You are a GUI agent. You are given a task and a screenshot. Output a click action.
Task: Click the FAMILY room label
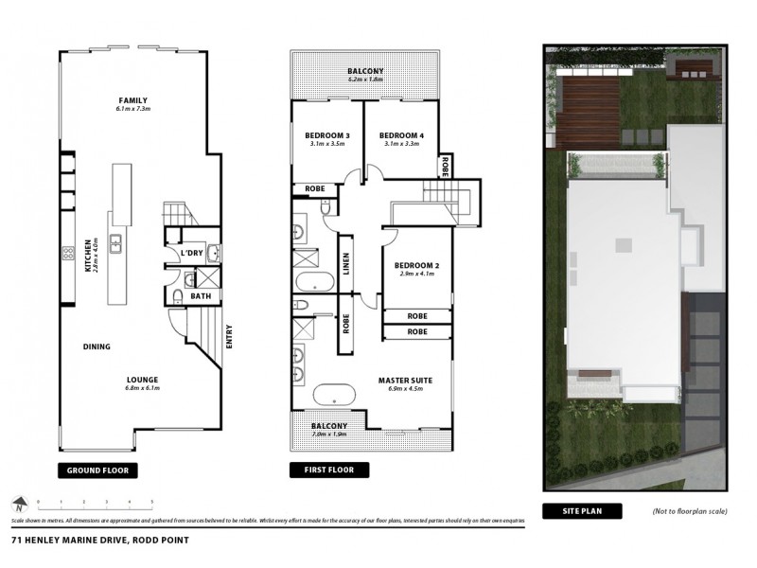click(133, 100)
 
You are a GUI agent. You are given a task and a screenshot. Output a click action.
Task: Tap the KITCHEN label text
click(87, 256)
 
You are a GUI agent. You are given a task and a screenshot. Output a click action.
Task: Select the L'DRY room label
click(192, 253)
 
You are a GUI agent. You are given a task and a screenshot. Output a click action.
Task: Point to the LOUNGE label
click(142, 379)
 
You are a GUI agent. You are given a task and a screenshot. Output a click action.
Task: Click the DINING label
click(97, 346)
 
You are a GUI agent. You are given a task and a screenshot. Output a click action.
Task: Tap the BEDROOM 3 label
click(327, 136)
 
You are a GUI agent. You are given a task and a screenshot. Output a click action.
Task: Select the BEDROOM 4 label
click(402, 136)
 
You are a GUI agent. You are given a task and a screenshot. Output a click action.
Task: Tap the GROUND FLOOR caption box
click(98, 470)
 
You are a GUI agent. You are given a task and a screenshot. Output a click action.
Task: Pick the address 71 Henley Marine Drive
click(99, 541)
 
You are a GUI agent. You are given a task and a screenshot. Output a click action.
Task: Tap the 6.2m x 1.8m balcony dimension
click(365, 80)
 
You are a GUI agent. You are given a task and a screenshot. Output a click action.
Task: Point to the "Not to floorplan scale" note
click(689, 511)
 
